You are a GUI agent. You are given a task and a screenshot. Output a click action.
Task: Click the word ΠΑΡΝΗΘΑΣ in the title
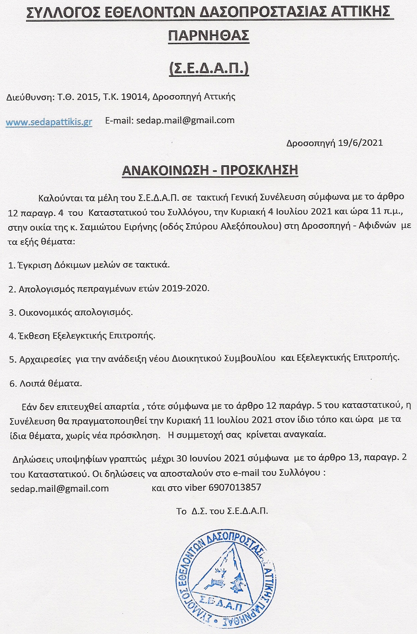point(208,36)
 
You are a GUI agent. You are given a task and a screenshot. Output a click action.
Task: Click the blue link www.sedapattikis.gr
point(49,122)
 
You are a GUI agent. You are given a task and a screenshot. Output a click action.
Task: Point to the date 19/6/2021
point(360,143)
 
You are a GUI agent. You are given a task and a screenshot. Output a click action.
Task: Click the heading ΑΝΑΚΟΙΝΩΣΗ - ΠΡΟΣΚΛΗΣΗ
point(210,170)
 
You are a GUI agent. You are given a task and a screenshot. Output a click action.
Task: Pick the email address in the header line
point(185,120)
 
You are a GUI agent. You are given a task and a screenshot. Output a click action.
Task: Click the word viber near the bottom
point(196,487)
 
